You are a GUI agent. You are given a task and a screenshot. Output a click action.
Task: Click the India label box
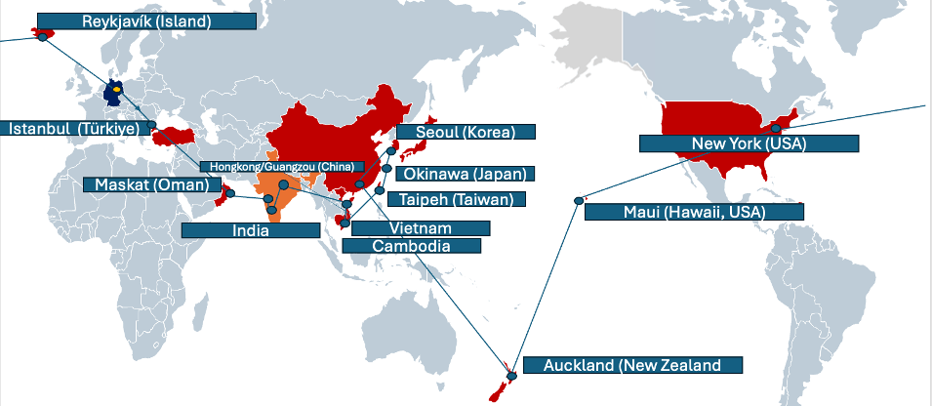[251, 230]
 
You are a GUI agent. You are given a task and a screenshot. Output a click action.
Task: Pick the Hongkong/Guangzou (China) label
[281, 166]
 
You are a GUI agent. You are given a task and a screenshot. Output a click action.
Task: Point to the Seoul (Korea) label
[466, 132]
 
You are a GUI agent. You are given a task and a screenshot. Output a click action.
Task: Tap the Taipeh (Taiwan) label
[456, 199]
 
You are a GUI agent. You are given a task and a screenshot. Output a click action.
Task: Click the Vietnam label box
[420, 227]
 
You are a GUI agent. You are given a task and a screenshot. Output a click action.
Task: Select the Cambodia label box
[412, 246]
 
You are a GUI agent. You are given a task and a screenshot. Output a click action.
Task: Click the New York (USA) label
[749, 143]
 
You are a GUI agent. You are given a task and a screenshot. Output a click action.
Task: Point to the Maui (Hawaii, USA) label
[694, 211]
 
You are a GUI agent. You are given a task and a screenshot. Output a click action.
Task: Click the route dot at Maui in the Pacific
[578, 201]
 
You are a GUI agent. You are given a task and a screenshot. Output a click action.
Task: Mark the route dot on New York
[777, 128]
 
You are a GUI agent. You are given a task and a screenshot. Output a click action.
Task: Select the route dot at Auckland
[510, 376]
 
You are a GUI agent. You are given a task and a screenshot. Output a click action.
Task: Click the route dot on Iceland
[42, 35]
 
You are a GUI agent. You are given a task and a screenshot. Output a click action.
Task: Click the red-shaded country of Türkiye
[181, 133]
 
